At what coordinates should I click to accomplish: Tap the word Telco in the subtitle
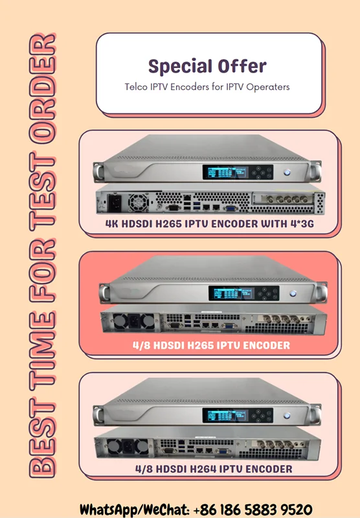pos(136,87)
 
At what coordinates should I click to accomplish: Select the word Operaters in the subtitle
pos(268,87)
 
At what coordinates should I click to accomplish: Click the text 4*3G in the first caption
pos(302,223)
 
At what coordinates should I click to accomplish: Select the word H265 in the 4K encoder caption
pos(168,223)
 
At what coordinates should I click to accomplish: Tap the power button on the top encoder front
pos(287,172)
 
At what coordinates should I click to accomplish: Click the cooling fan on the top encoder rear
pos(139,202)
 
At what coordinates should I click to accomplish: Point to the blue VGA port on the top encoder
pos(231,208)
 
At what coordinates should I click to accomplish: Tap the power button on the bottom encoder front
pos(287,416)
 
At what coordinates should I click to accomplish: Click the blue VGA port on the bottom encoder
pos(223,451)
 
